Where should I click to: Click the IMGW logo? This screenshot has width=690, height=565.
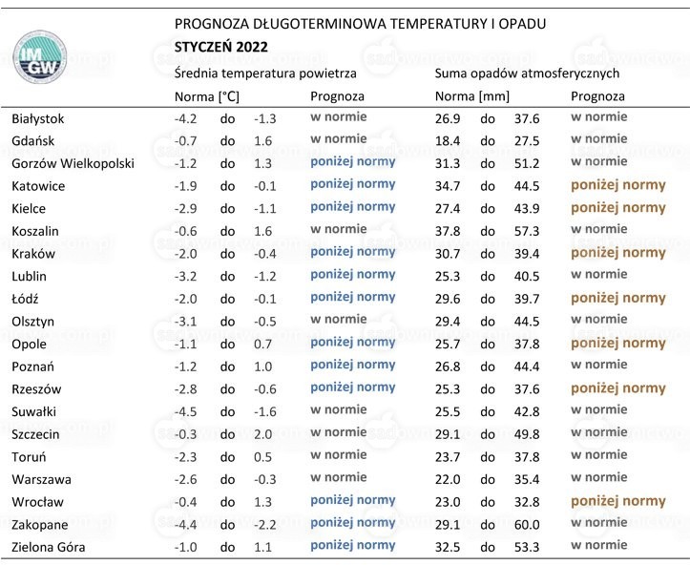pos(40,56)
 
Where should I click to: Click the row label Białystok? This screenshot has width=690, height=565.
pos(38,118)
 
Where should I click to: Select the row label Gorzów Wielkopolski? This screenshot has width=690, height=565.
pos(73,164)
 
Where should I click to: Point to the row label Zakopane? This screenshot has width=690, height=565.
pos(39,525)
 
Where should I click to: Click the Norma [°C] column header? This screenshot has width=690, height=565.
pos(207,96)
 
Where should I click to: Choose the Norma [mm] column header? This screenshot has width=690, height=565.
pos(472,96)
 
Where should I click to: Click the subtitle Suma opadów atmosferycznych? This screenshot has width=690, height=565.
pos(527,73)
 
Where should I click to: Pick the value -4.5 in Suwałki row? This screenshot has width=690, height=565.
pos(185,412)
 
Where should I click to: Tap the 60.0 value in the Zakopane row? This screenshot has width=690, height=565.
pos(527,525)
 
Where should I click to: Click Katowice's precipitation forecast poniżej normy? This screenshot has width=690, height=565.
pos(618,185)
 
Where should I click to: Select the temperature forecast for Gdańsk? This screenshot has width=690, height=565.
pos(339,139)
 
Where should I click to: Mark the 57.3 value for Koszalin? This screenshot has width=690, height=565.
pos(527,232)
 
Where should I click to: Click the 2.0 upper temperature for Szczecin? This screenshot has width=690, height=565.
pos(262,435)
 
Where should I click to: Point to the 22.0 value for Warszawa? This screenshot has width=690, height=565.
pos(448,480)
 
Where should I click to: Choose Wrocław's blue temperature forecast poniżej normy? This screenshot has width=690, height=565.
pos(353,501)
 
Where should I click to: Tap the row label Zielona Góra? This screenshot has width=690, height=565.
pos(49,548)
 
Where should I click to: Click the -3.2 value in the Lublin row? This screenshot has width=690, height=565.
pos(185,277)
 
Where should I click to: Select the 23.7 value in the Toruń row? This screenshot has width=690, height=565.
pos(448,457)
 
